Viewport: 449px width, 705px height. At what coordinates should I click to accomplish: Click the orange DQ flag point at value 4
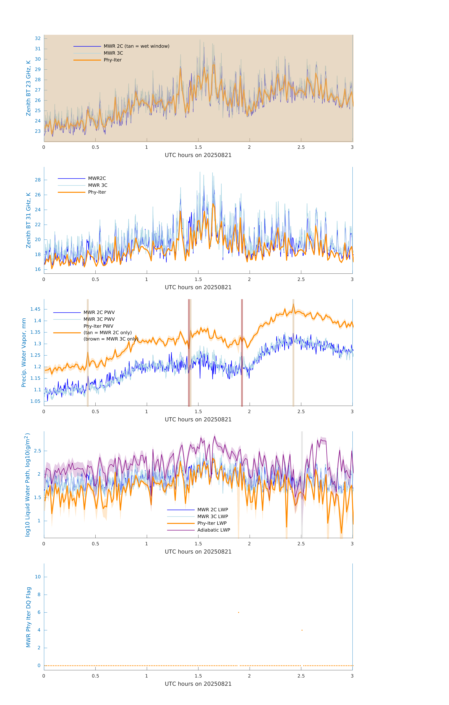tap(302, 630)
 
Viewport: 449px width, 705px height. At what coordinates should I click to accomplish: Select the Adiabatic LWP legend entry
tap(214, 530)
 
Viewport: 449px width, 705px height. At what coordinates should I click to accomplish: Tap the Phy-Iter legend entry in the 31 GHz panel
tap(97, 192)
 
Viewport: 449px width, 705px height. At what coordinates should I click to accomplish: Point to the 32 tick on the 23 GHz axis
tap(38, 38)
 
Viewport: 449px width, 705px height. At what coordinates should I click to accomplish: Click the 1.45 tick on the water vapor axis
tap(35, 309)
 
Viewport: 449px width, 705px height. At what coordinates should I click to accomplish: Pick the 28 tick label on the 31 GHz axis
tap(38, 180)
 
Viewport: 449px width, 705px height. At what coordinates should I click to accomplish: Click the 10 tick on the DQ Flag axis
tap(38, 577)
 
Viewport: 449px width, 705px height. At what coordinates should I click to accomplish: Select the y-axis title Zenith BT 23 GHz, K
tap(28, 88)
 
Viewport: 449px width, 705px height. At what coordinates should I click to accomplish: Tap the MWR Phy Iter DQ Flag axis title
tap(28, 617)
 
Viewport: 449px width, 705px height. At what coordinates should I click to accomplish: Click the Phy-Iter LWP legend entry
tap(212, 523)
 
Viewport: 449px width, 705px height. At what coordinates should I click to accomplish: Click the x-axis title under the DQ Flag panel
tap(198, 684)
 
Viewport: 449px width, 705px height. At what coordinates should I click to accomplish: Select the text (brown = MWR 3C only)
tap(111, 339)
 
